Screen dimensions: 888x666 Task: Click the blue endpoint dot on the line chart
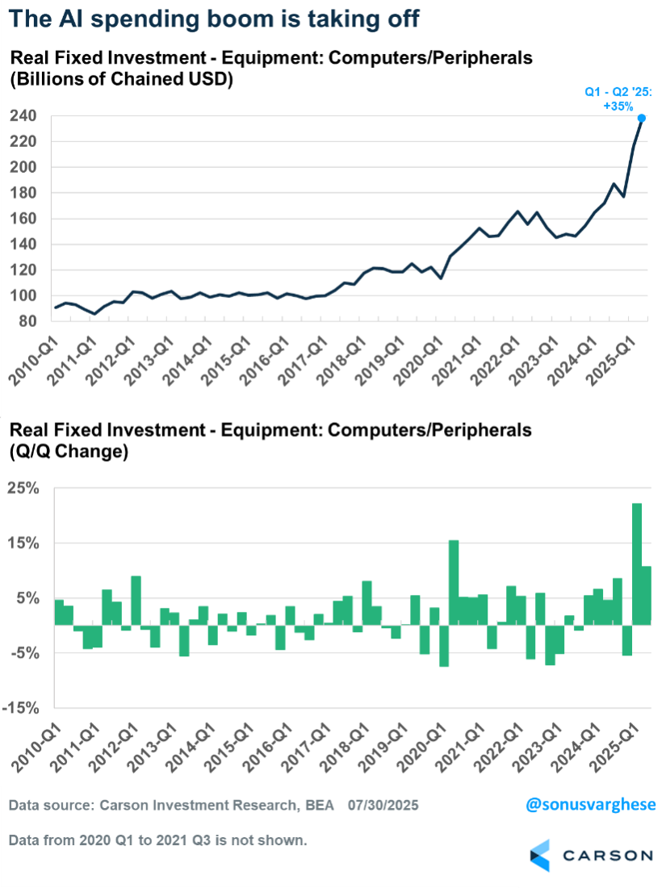coord(642,118)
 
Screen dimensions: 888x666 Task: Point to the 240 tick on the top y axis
coord(23,116)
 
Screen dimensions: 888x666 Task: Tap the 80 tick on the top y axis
coord(26,321)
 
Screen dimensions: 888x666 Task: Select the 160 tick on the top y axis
coord(23,219)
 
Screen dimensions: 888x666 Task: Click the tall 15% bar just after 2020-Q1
coord(454,581)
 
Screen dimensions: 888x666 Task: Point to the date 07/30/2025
coord(383,806)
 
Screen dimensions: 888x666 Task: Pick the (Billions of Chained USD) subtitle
coord(120,81)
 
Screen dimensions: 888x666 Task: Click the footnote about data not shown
coord(157,840)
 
